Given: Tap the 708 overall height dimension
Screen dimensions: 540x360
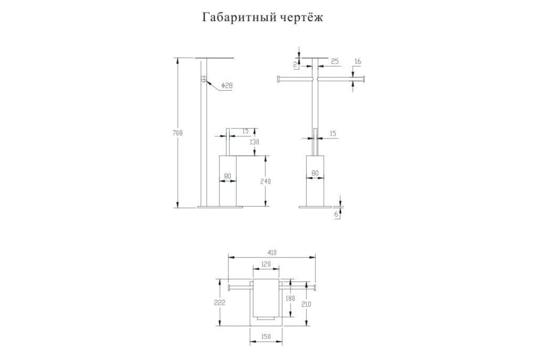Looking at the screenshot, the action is pos(178,133).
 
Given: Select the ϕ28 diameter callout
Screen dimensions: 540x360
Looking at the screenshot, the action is pos(227,85).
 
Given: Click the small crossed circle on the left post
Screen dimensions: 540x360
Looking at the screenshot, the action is pos(204,79).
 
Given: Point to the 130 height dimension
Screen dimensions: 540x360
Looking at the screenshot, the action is pos(254,142).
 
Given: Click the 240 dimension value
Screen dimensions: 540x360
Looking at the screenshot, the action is pos(265,181).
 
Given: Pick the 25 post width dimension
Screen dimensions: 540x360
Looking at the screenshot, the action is pos(335,62).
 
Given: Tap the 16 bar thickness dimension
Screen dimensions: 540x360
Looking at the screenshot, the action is pos(358,62).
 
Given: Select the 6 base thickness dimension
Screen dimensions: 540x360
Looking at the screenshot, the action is pos(336,214).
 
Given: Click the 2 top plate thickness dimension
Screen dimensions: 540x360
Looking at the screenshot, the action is pos(295,64).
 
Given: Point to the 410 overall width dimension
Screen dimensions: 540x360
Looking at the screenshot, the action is pos(272,252).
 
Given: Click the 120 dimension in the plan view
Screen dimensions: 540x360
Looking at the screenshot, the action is pos(266,264).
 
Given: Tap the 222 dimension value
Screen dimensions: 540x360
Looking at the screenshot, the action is pos(220,302).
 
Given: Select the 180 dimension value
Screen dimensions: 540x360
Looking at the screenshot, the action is pos(290,298).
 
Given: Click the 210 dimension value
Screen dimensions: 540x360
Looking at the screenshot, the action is pos(306,304).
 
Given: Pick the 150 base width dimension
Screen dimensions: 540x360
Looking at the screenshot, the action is pos(266,337).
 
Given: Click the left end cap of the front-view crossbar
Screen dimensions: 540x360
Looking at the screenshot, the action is pos(278,79).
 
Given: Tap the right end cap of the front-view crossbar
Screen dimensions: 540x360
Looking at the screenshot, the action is pos(364,79).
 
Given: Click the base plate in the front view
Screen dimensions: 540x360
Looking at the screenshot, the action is pos(315,207).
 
